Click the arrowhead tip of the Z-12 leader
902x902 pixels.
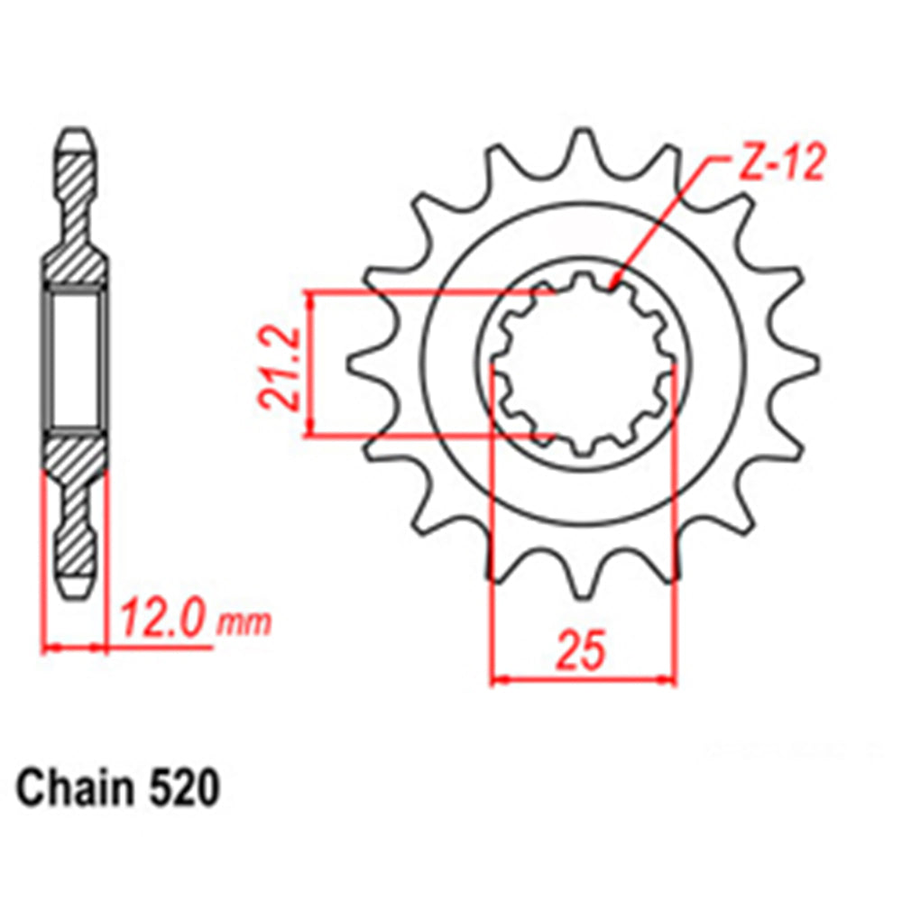(612, 287)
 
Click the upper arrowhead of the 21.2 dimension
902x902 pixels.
(312, 297)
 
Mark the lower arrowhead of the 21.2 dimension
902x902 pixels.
(312, 431)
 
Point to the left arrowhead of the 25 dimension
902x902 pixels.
(498, 677)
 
